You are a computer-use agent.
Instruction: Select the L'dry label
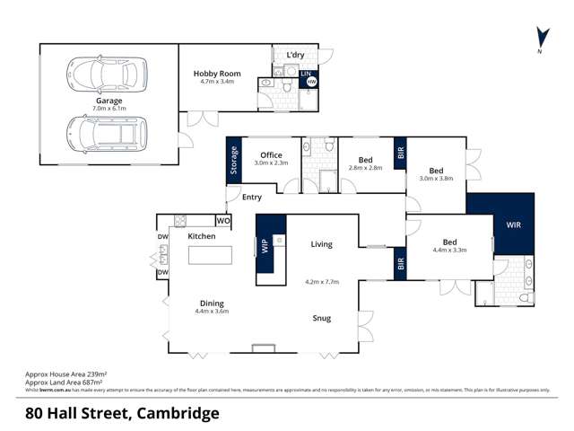point(295,56)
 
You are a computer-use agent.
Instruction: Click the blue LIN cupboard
point(305,72)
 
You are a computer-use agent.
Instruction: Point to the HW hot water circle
point(311,82)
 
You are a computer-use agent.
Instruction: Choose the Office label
point(270,154)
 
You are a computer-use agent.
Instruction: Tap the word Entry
point(252,198)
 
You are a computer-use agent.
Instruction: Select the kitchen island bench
point(210,254)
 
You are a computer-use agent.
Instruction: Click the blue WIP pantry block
point(265,245)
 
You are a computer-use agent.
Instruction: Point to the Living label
point(321,244)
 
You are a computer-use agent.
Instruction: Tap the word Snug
point(322,318)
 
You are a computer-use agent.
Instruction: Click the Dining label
point(213,303)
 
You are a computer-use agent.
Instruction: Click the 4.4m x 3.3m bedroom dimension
point(450,251)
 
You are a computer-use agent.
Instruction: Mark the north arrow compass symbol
point(541,39)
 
